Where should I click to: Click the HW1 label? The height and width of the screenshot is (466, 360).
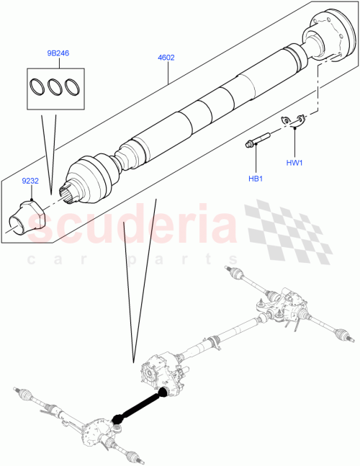(294, 163)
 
